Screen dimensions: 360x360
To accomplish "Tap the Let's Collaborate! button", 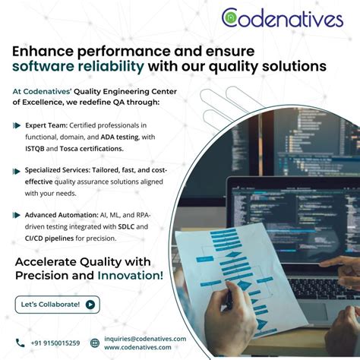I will pos(57,305).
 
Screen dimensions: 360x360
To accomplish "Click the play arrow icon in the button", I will pos(90,305).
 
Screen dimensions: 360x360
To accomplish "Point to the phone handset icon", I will pos(21,343).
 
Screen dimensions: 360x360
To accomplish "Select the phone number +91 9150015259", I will pos(55,343).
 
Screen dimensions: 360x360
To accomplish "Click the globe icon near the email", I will pos(95,343).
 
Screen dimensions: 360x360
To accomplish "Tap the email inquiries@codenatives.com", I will pos(144,339).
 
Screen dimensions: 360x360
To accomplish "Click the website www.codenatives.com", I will pos(138,348).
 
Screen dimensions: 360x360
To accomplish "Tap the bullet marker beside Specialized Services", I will pos(17,171).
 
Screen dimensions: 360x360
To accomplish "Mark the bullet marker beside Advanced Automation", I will pos(17,216).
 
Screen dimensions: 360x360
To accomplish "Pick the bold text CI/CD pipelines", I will pos(50,238).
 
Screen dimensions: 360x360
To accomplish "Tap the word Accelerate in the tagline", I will pos(49,262).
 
